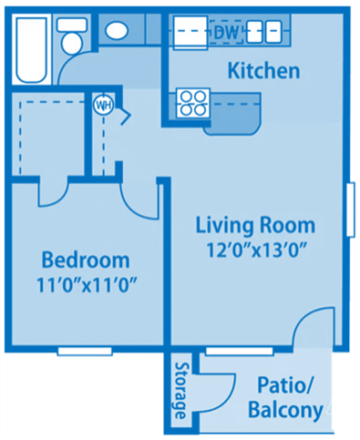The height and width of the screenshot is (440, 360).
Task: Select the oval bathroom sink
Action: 116,31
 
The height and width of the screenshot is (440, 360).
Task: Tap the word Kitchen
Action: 263,70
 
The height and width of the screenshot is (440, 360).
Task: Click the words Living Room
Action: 256,225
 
